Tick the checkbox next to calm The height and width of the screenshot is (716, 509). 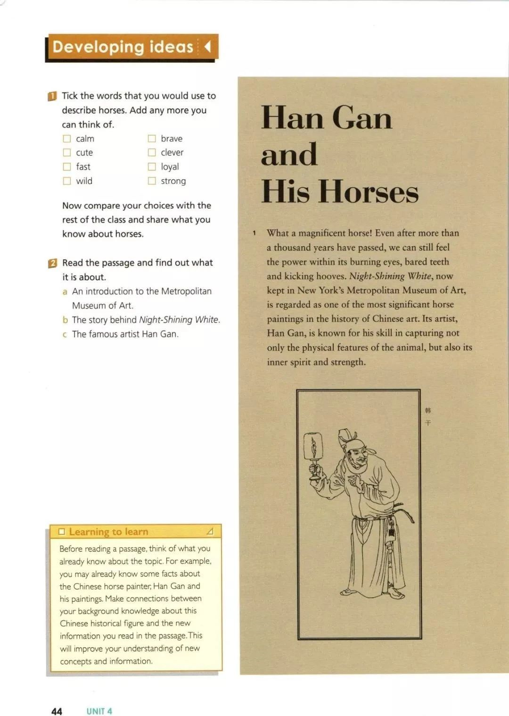67,139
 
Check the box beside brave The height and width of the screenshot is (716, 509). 152,139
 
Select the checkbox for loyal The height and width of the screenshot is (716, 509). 152,167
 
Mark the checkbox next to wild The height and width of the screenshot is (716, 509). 67,181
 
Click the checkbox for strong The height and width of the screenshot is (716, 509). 152,181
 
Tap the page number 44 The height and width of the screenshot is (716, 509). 57,711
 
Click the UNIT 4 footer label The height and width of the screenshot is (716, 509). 99,711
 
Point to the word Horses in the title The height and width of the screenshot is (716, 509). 368,192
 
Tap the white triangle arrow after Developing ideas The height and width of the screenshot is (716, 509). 207,47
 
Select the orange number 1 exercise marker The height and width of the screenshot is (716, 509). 52,96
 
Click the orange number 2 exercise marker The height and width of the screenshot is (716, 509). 53,263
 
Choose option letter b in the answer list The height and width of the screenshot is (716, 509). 65,320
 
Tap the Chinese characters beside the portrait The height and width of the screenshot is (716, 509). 428,416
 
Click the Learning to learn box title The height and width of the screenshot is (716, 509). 108,532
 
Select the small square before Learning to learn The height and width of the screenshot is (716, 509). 61,532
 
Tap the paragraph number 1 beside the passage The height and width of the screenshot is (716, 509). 254,233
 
